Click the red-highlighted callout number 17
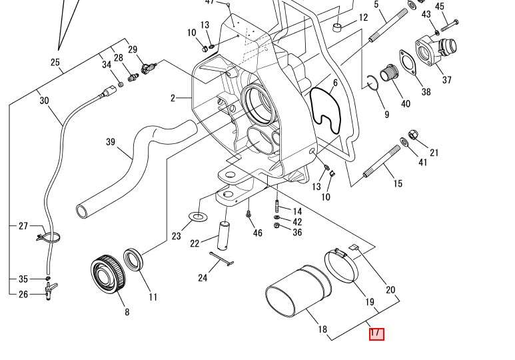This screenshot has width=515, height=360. (x=376, y=334)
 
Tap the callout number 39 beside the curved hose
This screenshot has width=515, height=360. (x=111, y=142)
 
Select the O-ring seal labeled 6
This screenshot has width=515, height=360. (x=325, y=111)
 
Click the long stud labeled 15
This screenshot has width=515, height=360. (x=382, y=161)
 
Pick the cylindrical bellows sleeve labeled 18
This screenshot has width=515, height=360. (x=298, y=291)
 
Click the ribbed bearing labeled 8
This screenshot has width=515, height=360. (x=108, y=273)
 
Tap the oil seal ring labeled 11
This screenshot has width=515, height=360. (x=133, y=260)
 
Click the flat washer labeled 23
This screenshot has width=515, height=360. (x=198, y=217)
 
